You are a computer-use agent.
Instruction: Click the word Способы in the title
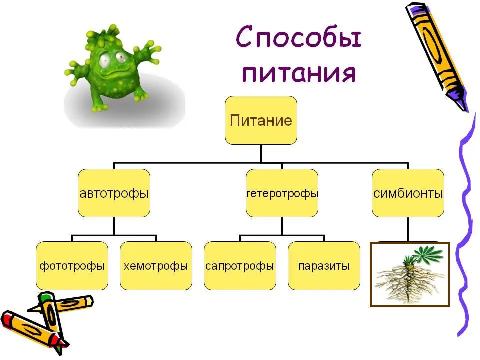point(299,37)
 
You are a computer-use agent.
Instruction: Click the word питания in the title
point(299,73)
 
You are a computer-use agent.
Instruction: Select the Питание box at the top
point(261,120)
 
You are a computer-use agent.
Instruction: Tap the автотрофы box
point(114,193)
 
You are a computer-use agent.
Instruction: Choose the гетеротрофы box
point(282,193)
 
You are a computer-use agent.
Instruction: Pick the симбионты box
point(408,193)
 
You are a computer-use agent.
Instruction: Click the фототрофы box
point(72,266)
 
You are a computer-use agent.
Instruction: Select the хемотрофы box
point(156,266)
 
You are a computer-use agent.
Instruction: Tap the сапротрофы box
point(240,266)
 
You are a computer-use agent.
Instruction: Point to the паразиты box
point(324,266)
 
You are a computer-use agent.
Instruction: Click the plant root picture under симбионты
point(410,274)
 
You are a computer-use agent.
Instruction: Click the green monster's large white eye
point(105,60)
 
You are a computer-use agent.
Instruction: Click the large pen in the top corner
point(438,56)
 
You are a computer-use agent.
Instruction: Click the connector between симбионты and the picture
point(408,229)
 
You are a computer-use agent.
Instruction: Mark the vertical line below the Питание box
point(261,153)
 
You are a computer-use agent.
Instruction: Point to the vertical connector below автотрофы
point(114,226)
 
